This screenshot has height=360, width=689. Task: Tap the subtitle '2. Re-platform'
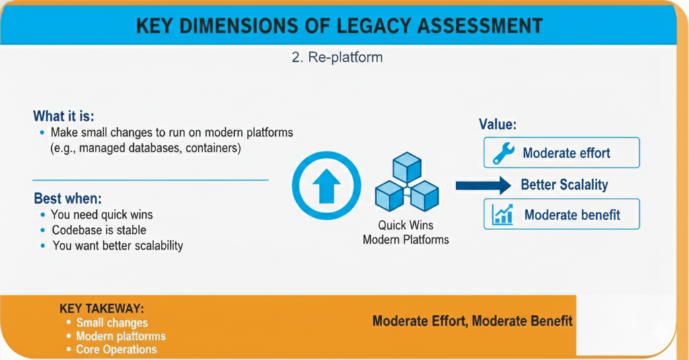click(337, 57)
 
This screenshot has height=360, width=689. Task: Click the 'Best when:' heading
click(68, 199)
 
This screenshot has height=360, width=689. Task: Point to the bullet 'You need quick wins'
click(102, 215)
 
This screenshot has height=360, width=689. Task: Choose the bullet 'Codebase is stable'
click(99, 230)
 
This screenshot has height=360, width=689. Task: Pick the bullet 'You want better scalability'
click(117, 246)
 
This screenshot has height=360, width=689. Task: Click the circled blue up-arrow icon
click(326, 186)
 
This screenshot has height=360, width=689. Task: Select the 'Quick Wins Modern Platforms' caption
click(406, 233)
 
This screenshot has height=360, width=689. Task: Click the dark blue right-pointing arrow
click(483, 185)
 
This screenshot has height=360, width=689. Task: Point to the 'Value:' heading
click(497, 124)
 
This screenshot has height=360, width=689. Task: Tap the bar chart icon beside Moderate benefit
click(503, 215)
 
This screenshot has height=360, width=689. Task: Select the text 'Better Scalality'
click(564, 185)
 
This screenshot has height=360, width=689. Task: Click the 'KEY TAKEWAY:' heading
click(102, 309)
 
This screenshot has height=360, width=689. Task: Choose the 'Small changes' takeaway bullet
click(112, 323)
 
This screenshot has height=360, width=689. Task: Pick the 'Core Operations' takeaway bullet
click(116, 349)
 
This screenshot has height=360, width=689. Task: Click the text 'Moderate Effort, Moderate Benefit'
click(472, 321)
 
